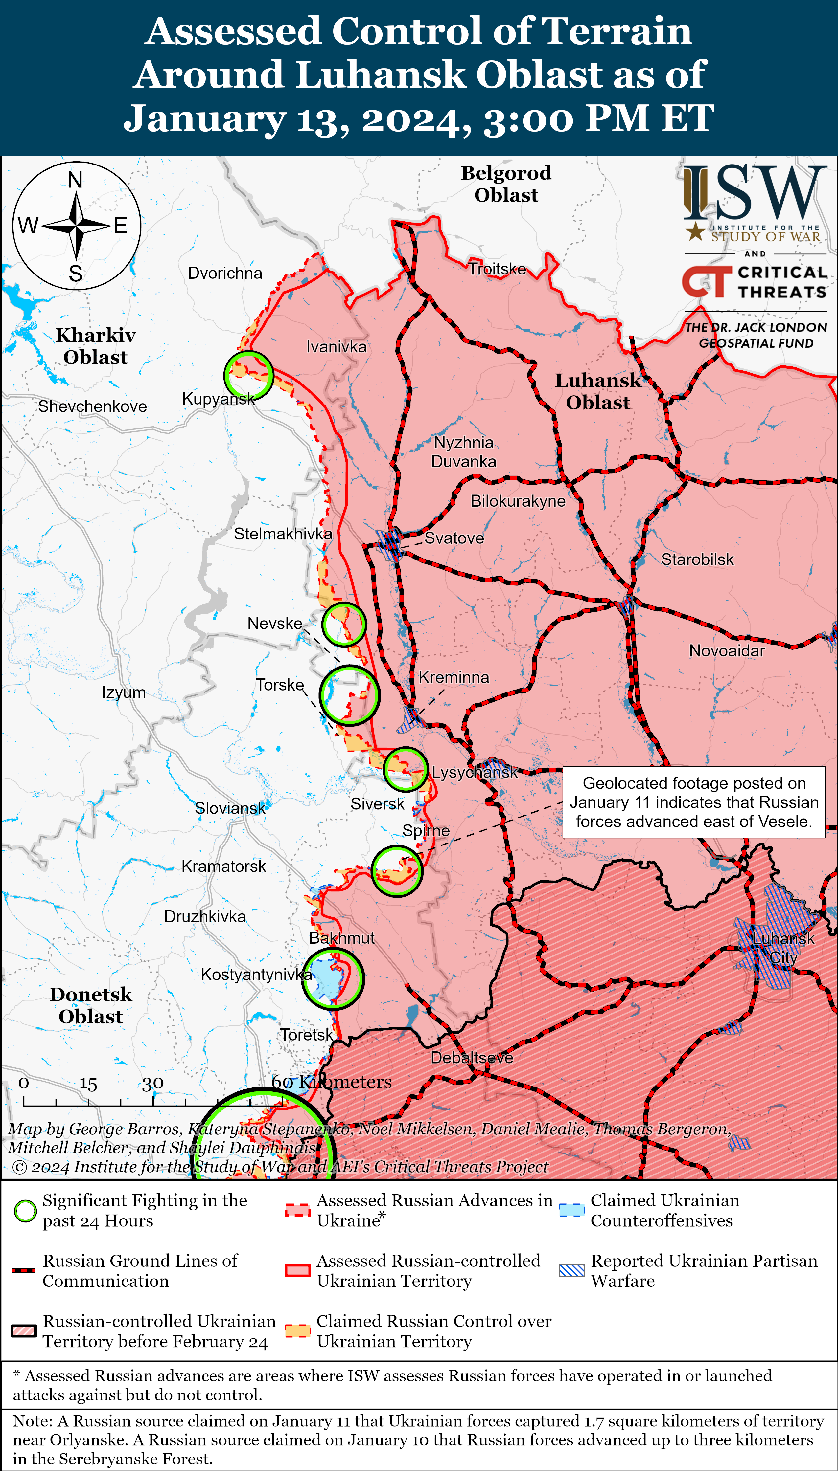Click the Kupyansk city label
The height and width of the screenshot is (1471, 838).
coord(218,399)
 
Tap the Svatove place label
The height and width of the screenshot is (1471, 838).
coord(454,538)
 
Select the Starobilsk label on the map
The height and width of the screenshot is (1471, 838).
coord(697,560)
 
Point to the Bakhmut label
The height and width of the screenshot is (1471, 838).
coord(342,938)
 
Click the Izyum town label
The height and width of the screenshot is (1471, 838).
coord(124,692)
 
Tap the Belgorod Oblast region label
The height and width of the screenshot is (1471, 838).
coord(506,184)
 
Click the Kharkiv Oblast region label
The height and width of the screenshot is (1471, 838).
coord(96,346)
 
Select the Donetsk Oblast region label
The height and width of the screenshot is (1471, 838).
coord(91,1006)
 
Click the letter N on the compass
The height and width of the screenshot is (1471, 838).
coord(75,180)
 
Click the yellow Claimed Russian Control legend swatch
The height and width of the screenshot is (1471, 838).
coord(297,1331)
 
